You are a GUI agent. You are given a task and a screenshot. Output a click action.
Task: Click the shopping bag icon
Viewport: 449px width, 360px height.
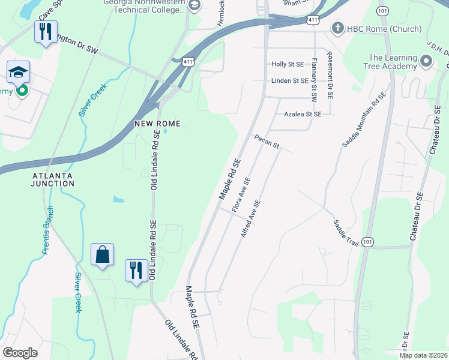coord(102,254)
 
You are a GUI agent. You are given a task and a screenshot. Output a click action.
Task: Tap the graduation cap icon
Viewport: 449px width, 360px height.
coord(19,73)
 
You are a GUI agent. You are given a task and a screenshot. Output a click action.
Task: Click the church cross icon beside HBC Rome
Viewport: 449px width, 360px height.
coord(338,29)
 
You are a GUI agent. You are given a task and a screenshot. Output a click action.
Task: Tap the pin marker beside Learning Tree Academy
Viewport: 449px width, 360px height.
coord(426,61)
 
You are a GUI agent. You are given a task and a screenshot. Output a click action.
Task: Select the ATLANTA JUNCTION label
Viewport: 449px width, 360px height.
coord(53,179)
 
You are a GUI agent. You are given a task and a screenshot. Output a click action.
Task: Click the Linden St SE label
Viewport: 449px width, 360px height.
coord(289,80)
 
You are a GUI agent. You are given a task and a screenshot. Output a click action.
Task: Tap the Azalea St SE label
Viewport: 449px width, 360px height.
coord(303,113)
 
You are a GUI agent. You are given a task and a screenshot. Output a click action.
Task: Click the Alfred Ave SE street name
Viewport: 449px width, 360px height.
coord(250,218)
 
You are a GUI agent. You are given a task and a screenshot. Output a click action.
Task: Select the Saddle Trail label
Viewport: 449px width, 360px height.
coord(346,232)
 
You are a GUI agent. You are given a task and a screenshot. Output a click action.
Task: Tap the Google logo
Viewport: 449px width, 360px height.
coord(20,353)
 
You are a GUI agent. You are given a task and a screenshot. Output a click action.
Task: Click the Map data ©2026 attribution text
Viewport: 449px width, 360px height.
coord(423,355)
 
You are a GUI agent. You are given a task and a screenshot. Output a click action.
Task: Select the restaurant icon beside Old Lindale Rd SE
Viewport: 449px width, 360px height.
coord(136,270)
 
